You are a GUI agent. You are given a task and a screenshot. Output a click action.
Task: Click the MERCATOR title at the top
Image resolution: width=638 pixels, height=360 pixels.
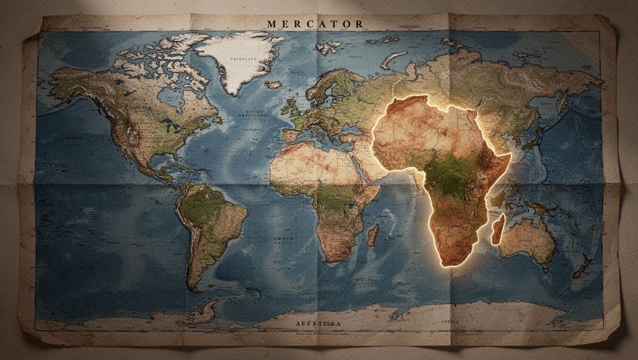[314, 23]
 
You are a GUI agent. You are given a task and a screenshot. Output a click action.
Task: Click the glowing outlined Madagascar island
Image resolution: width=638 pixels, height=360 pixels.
[498, 229]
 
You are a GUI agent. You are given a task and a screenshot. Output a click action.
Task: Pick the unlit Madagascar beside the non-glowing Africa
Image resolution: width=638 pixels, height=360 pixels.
[373, 235]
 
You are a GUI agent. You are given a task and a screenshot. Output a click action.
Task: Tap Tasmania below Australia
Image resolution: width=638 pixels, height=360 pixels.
[545, 270]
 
